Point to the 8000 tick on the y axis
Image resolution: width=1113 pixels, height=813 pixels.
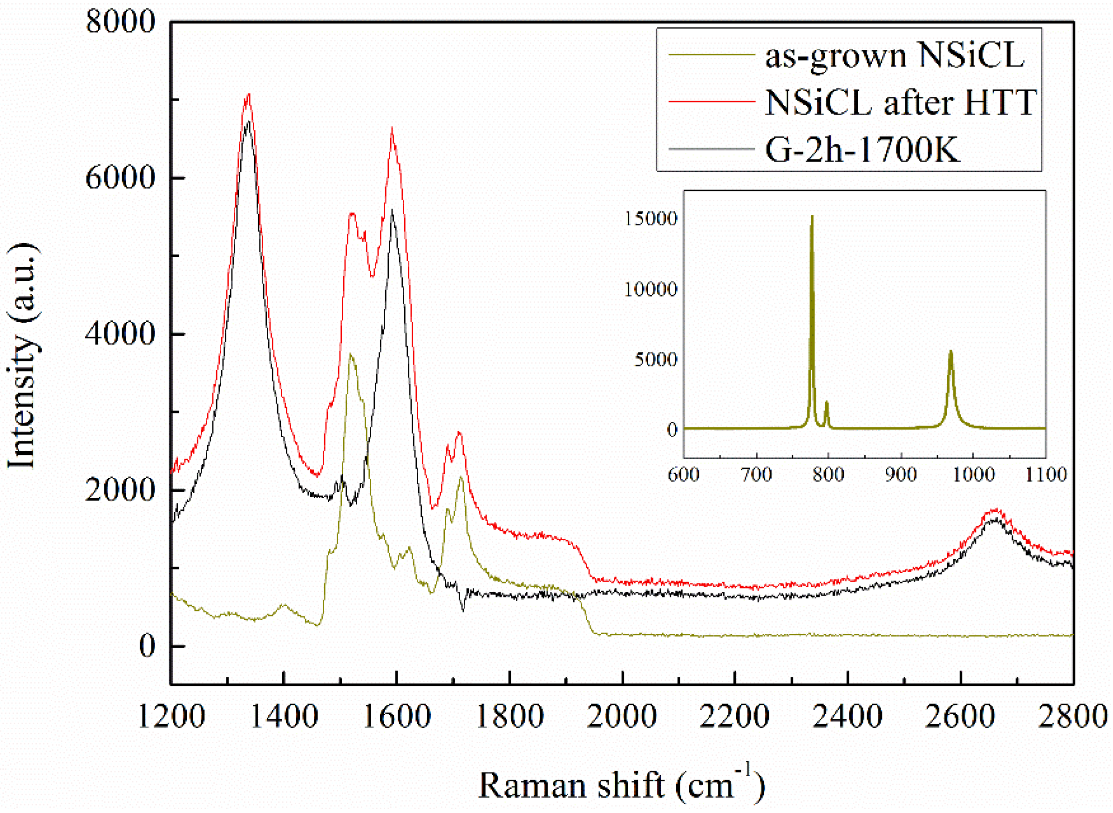pyautogui.click(x=121, y=22)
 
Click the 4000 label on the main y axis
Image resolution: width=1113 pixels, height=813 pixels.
pyautogui.click(x=121, y=334)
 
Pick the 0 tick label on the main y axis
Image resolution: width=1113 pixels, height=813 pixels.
pyautogui.click(x=147, y=646)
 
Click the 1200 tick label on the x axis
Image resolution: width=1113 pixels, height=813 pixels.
pyautogui.click(x=171, y=717)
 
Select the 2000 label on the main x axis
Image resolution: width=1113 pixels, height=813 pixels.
pyautogui.click(x=622, y=717)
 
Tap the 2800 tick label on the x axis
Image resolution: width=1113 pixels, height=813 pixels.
pyautogui.click(x=1072, y=717)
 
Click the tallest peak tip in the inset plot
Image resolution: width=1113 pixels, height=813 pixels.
pyautogui.click(x=812, y=216)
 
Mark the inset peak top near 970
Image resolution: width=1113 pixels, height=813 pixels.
pyautogui.click(x=950, y=351)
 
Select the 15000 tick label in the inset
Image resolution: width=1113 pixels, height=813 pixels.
pyautogui.click(x=651, y=218)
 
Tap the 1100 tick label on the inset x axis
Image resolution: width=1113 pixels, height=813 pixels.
pyautogui.click(x=1045, y=475)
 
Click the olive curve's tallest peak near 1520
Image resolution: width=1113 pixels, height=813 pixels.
pyautogui.click(x=350, y=354)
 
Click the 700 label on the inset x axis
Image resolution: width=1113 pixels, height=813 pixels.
pyautogui.click(x=756, y=475)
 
